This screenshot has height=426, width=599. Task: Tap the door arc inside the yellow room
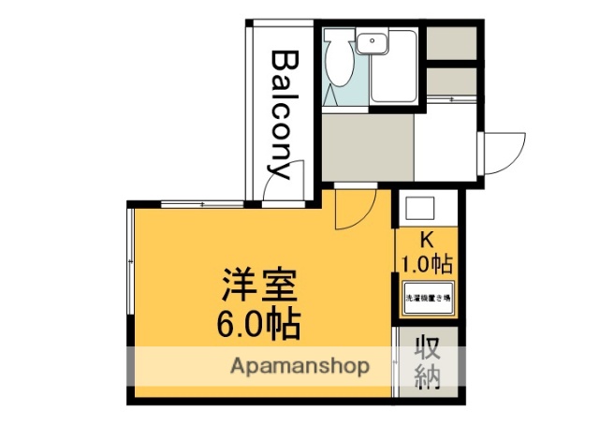click(x=352, y=212)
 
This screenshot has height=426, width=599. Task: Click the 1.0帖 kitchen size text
click(x=427, y=261)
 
